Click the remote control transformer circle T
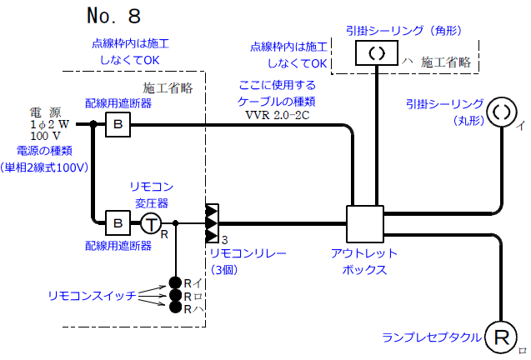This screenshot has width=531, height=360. pos(151,223)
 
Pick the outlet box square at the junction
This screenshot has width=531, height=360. pos(363,223)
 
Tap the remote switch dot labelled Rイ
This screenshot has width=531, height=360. pos(175,282)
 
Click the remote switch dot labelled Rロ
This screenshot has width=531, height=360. pos(175,295)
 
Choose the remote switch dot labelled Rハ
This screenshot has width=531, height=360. pos(175,308)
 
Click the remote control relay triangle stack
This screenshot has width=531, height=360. pos(212,223)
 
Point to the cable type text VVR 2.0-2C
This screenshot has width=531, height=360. pos(278,115)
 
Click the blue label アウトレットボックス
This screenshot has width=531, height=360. pos(364,261)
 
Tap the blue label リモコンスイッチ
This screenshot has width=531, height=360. pos(92,296)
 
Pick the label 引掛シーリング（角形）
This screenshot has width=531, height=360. pos(403,30)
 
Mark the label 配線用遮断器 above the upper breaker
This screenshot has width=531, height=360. pos(118,102)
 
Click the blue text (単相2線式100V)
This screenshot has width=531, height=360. pos(48,167)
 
